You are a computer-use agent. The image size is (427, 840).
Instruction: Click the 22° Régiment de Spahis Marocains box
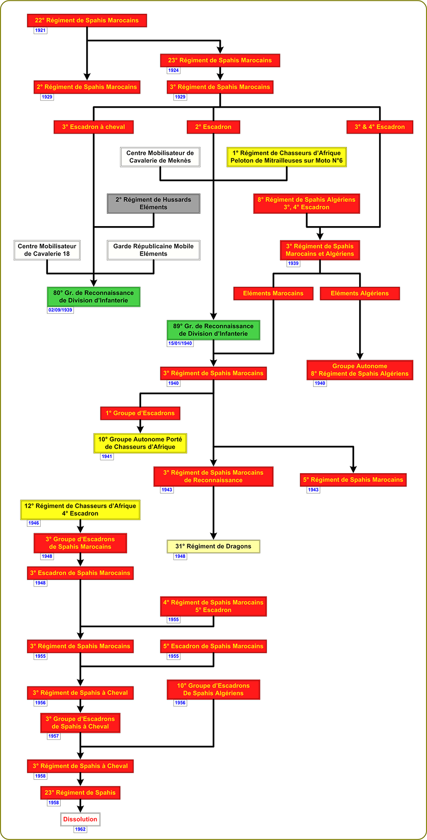[87, 20]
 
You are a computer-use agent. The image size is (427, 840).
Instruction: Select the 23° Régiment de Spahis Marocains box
[220, 60]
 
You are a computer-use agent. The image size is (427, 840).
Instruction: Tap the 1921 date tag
[40, 30]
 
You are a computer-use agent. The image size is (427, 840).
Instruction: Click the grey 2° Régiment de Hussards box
[154, 203]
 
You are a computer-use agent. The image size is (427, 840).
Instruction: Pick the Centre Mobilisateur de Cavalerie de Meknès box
[160, 157]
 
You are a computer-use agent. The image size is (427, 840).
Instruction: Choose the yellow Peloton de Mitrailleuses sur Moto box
[287, 157]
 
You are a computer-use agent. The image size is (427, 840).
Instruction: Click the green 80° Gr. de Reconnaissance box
[93, 297]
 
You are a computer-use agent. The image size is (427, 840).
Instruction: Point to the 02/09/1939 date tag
[60, 310]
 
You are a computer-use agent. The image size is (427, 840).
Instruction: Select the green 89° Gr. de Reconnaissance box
[213, 330]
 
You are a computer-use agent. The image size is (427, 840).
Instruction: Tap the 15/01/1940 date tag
[180, 343]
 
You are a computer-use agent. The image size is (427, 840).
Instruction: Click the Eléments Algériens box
[360, 293]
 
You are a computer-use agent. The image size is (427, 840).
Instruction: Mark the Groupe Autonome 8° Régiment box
[360, 370]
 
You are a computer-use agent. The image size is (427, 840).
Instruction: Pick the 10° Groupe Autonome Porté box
[140, 443]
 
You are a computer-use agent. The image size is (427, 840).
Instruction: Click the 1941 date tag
[107, 457]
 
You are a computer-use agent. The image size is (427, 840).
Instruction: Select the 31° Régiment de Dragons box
[213, 547]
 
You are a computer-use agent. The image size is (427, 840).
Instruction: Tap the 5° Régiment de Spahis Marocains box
[353, 480]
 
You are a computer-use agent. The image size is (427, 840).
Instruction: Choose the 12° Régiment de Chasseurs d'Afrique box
[80, 510]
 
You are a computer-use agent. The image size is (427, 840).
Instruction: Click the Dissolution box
[80, 819]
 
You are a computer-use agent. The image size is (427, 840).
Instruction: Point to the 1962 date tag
[80, 829]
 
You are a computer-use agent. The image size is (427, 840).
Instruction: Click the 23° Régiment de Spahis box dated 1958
[80, 793]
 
